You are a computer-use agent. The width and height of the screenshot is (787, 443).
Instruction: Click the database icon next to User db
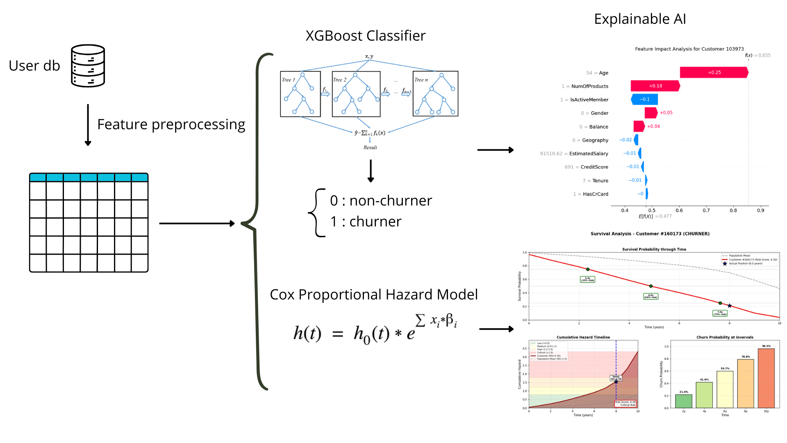point(88,66)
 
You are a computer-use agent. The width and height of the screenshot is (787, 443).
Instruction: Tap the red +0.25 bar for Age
point(714,73)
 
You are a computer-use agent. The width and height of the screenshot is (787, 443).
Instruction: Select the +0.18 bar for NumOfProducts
point(655,86)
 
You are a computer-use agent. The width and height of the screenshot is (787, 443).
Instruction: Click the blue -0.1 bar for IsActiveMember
point(645,99)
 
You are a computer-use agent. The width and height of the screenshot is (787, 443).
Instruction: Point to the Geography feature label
point(595,140)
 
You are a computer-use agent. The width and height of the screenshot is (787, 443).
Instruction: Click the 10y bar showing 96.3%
point(766,378)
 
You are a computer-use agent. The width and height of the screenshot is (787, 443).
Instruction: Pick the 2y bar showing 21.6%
point(684,401)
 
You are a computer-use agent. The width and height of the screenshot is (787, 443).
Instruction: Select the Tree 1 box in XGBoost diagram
point(300,94)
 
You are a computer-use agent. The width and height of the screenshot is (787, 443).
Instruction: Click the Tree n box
point(435,94)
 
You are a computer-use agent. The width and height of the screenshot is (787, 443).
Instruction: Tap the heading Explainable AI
point(640,19)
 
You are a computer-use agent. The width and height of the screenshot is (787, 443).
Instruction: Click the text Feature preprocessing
point(171,124)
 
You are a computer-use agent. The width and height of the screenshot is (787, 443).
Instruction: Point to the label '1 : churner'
point(366,221)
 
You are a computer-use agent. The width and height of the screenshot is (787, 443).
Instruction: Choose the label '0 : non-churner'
point(381,201)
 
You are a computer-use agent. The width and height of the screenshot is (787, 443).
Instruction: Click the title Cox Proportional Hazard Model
point(373,295)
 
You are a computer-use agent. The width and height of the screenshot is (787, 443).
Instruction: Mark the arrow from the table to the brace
point(197,224)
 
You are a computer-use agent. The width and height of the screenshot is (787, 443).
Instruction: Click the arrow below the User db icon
point(88,125)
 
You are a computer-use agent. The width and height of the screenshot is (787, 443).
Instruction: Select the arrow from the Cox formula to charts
point(496,329)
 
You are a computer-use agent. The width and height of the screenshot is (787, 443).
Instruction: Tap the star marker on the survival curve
point(730,306)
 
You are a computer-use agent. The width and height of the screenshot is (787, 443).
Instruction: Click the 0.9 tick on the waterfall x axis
point(760,210)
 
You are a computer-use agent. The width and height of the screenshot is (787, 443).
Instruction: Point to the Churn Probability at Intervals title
point(725,337)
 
